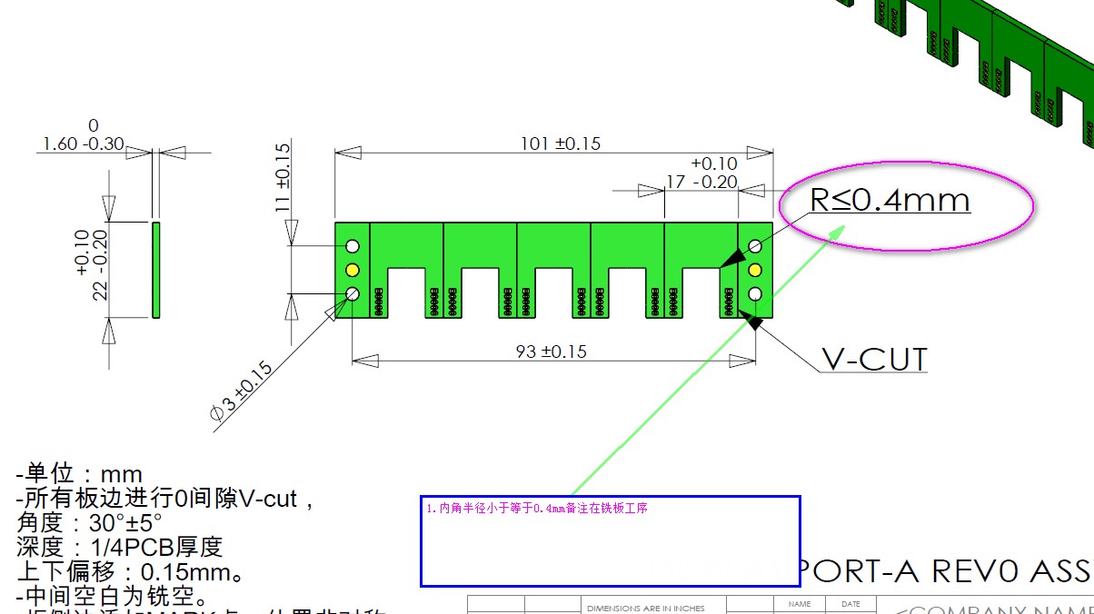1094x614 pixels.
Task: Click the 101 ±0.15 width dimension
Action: (x=560, y=144)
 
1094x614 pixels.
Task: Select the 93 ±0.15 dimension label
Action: (x=551, y=352)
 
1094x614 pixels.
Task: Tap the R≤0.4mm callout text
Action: (x=890, y=200)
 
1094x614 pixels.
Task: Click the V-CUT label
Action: (x=874, y=360)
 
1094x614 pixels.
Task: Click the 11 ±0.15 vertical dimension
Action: (x=282, y=178)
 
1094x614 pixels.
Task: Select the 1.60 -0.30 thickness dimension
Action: (x=82, y=144)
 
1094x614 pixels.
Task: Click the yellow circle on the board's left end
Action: (x=353, y=270)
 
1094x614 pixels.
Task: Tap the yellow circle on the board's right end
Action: (x=754, y=270)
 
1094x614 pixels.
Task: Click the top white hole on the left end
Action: (x=353, y=246)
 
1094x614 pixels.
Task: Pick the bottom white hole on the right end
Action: (x=754, y=293)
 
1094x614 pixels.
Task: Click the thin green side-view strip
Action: (x=155, y=270)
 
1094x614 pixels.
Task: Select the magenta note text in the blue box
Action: (x=536, y=509)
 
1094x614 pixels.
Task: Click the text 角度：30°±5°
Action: (x=89, y=523)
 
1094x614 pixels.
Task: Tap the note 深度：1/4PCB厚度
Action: (x=119, y=548)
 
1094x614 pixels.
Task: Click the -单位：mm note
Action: (x=79, y=474)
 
